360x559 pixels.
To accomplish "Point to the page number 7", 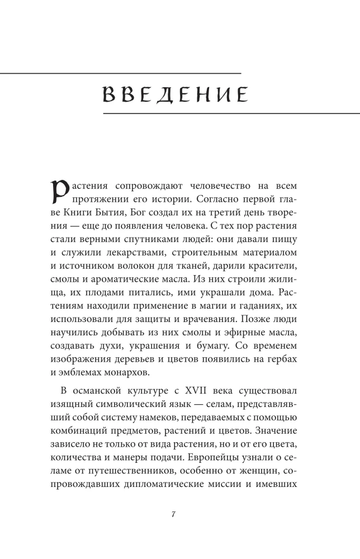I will pyautogui.click(x=174, y=514).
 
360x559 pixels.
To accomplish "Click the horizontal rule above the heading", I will pyautogui.click(x=120, y=73).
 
